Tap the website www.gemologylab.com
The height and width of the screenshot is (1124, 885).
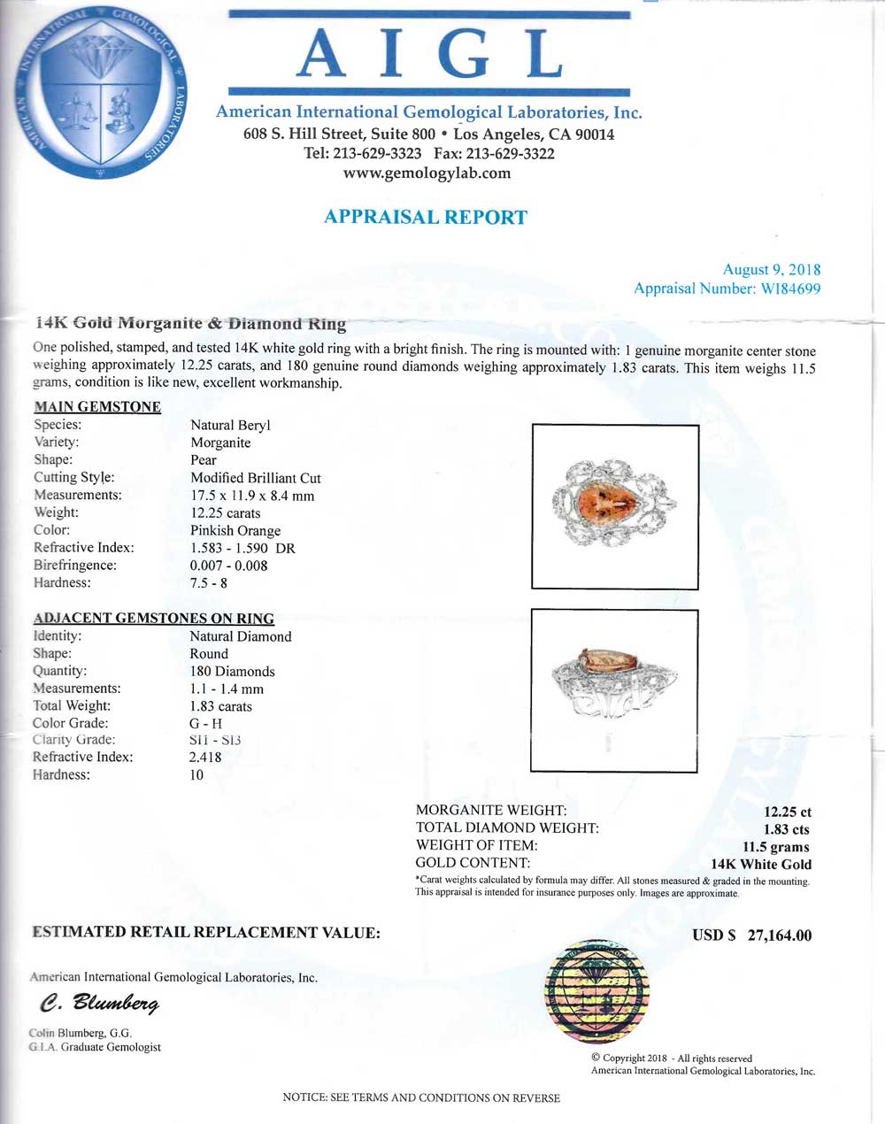point(427,173)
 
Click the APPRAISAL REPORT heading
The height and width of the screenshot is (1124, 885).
point(426,217)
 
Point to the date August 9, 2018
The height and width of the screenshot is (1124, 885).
point(771,270)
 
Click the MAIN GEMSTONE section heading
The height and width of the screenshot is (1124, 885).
point(97,407)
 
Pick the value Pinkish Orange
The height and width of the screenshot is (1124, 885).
point(235,530)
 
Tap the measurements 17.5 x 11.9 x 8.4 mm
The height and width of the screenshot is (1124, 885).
point(252,496)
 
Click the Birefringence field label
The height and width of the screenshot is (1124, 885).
point(75,566)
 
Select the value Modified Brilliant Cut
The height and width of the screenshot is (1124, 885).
point(256,478)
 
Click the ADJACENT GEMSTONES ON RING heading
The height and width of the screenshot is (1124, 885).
point(153,619)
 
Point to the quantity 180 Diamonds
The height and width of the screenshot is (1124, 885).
point(232,671)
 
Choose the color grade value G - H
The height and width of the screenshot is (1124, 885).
point(205,723)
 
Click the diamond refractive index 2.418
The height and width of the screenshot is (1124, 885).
point(205,757)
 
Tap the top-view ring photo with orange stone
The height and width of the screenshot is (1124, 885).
point(614,506)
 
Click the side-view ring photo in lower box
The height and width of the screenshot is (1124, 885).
point(614,689)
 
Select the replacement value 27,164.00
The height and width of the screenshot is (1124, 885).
point(779,935)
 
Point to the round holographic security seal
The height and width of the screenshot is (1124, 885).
point(591,989)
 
